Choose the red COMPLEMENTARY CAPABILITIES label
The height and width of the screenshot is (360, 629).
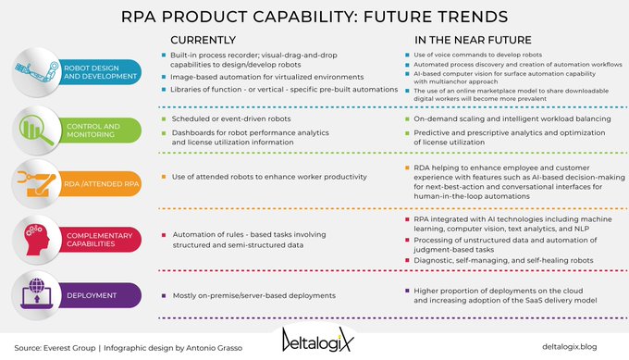click(x=101, y=241)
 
